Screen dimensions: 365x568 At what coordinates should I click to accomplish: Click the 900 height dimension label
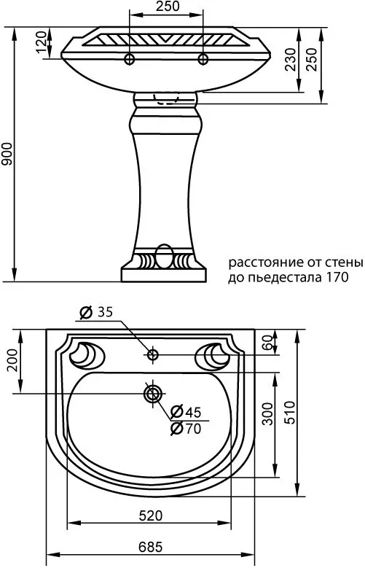[7, 154]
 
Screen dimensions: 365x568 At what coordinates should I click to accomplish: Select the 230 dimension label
[291, 60]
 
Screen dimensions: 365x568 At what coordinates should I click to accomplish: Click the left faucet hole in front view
[130, 58]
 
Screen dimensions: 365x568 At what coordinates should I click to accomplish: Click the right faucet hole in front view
[203, 58]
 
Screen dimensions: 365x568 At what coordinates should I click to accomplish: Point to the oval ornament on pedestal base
[164, 256]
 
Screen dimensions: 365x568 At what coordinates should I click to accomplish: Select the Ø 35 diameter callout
[96, 312]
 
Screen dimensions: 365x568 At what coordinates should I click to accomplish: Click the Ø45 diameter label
[186, 412]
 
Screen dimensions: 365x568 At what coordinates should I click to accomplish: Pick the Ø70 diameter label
[186, 429]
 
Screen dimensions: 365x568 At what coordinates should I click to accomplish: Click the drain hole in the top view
[152, 394]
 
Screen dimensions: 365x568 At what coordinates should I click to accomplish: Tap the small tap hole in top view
[152, 354]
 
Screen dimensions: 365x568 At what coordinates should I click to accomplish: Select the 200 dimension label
[12, 359]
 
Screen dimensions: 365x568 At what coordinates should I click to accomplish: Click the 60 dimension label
[267, 342]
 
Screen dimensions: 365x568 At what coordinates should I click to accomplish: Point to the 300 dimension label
[267, 413]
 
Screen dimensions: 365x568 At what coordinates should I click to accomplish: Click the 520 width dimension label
[151, 516]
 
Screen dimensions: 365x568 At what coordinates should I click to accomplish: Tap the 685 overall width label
[151, 547]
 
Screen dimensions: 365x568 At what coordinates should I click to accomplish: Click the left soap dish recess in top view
[87, 355]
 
